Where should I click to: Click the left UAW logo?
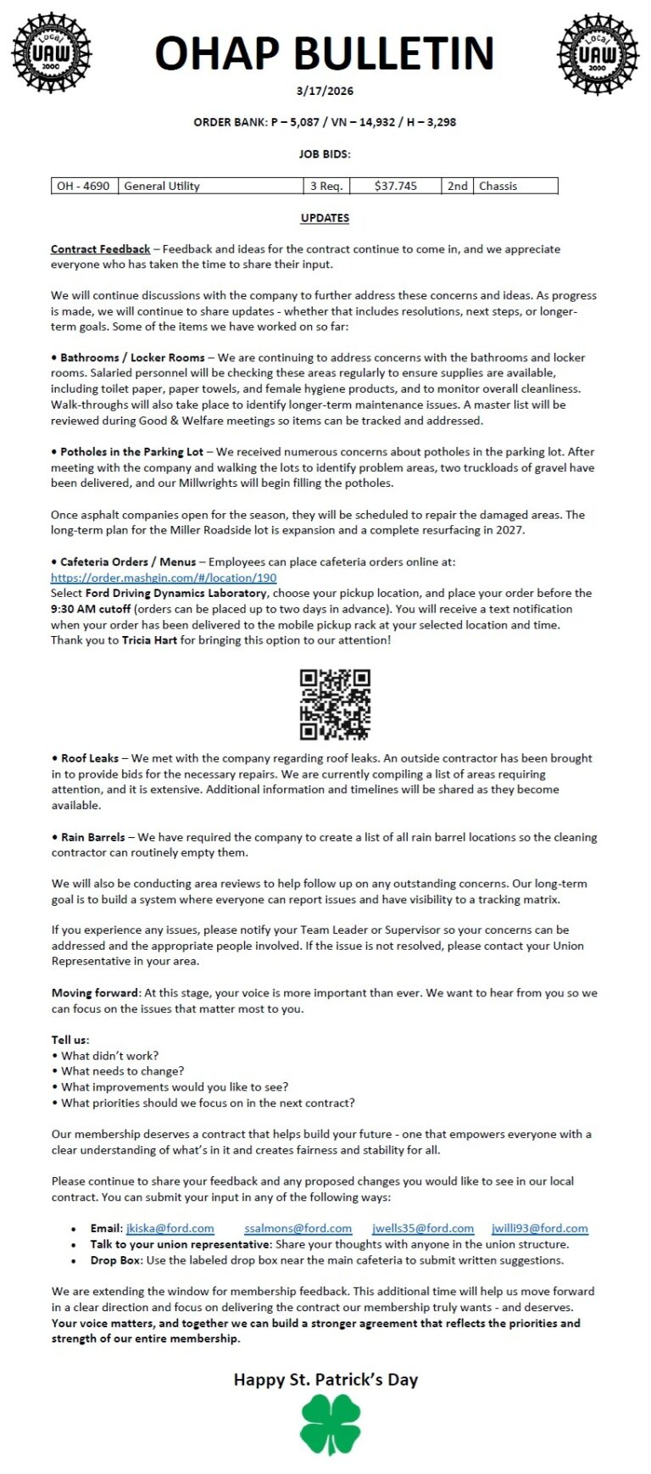click(x=51, y=53)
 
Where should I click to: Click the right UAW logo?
click(x=598, y=53)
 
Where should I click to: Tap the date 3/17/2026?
click(x=325, y=91)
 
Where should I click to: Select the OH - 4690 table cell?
click(x=83, y=186)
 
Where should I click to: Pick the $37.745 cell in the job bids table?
click(x=395, y=186)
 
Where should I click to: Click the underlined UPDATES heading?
click(x=325, y=218)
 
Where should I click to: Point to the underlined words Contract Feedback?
click(x=100, y=249)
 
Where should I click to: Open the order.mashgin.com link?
click(x=164, y=578)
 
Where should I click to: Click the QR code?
click(x=335, y=704)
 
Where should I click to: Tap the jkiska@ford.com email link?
click(x=170, y=1228)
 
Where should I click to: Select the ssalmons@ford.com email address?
click(x=298, y=1228)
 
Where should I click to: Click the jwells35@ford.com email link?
click(x=423, y=1228)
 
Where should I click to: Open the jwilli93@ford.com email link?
click(x=539, y=1228)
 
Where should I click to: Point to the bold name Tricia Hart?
click(x=149, y=640)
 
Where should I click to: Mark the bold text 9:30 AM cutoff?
click(x=91, y=609)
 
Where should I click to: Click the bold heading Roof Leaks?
click(x=90, y=758)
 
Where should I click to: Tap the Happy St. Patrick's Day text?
click(x=325, y=1380)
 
